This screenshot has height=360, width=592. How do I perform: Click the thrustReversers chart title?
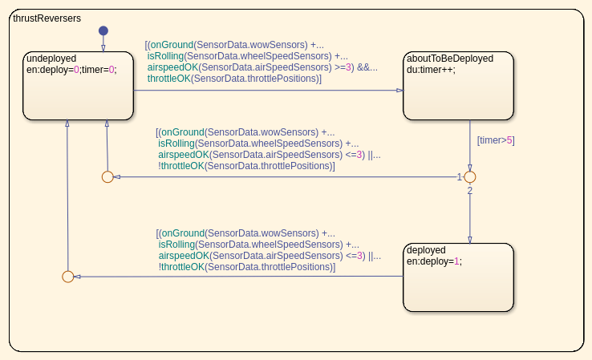click(x=47, y=18)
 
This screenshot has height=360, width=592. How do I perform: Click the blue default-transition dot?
click(x=103, y=31)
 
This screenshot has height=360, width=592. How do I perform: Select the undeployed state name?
click(x=51, y=59)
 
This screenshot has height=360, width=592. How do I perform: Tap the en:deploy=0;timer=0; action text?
click(x=71, y=70)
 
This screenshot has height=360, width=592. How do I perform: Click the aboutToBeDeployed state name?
click(x=450, y=59)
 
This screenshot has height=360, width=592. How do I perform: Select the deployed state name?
click(x=426, y=249)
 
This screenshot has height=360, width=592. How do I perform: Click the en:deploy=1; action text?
click(x=434, y=261)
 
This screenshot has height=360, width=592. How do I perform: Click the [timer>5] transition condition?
click(x=496, y=140)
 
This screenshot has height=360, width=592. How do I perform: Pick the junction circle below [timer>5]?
click(x=470, y=176)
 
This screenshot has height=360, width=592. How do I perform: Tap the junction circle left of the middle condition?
click(x=107, y=176)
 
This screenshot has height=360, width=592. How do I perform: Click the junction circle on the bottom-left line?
click(x=67, y=277)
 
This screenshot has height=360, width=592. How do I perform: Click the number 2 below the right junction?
click(x=470, y=190)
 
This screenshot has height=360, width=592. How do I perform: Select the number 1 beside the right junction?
click(x=460, y=176)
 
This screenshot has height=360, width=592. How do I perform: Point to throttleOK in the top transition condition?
click(x=169, y=79)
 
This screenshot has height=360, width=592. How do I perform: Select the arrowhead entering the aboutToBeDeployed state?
click(x=400, y=91)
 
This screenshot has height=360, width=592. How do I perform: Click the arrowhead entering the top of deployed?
click(x=470, y=239)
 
